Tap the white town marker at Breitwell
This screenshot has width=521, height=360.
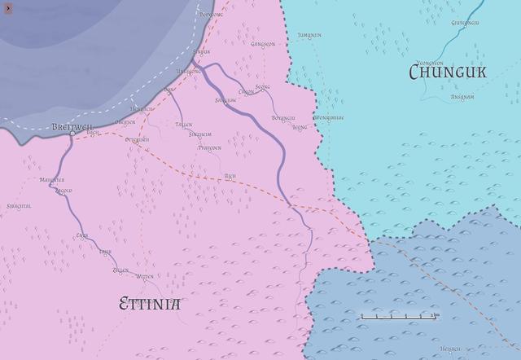point(72,134)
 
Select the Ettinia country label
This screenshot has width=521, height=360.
point(150,305)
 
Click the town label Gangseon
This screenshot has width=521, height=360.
point(263,44)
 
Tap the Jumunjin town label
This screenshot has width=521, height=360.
point(310,36)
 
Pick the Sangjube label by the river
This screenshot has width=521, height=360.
point(225,100)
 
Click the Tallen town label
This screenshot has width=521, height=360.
point(184,125)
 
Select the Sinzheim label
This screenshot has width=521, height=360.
point(201,134)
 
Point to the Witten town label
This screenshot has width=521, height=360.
point(145,277)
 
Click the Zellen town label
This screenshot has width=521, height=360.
point(120,270)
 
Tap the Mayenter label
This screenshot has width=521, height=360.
point(52,180)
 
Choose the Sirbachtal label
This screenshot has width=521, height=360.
point(19,206)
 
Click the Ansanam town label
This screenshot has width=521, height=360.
point(462,96)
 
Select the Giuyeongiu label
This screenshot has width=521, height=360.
point(467,23)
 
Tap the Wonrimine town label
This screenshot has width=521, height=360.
point(329,117)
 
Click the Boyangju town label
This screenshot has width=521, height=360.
point(283,118)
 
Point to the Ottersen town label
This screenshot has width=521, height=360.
point(138,140)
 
